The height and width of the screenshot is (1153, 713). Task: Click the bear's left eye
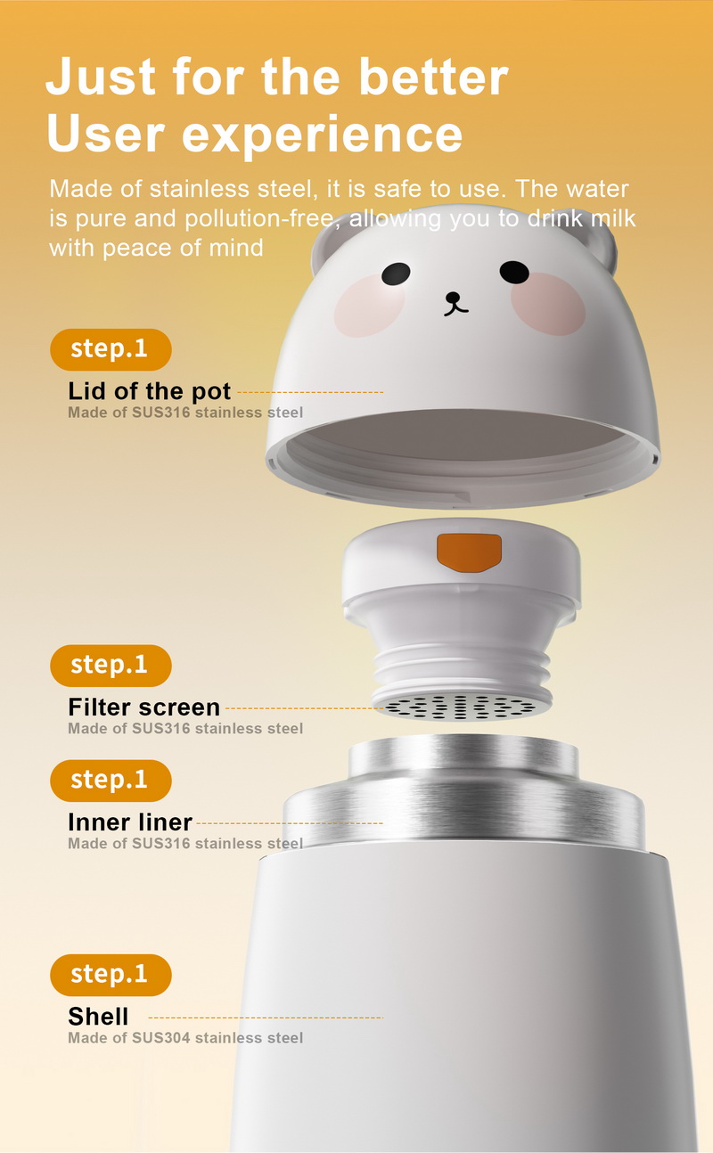coord(396,274)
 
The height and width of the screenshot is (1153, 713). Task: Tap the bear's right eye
coord(514,272)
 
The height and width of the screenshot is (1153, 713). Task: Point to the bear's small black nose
coord(453,297)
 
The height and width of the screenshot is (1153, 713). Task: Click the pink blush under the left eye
coord(369,306)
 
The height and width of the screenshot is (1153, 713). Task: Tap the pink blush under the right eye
coord(548,304)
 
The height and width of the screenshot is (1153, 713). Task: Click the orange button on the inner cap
coord(469,552)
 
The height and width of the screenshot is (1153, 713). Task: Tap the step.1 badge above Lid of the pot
coord(111,349)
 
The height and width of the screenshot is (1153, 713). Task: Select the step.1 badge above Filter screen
coord(111,666)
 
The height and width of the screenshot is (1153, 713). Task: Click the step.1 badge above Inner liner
coord(111,781)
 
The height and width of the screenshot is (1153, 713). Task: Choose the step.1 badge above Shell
coord(111,975)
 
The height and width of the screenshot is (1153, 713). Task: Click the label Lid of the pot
coord(150,391)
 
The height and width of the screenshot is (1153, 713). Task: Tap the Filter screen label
coord(144,707)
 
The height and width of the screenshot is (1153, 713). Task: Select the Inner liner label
coord(130,822)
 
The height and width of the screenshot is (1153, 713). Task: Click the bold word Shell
coord(98,1017)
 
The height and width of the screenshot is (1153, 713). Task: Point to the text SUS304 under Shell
coord(161,1038)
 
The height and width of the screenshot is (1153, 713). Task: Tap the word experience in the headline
coord(323,135)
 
